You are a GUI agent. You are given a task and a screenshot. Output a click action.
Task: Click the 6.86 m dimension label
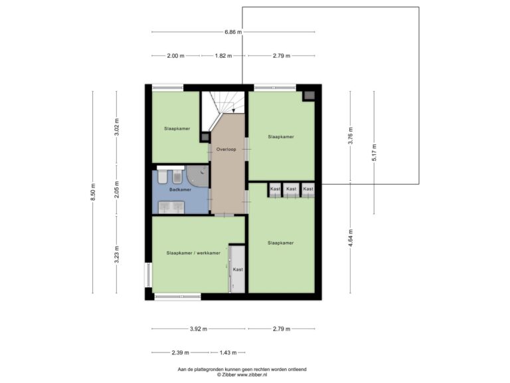click(233, 32)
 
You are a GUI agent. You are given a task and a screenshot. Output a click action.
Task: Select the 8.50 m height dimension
click(93, 192)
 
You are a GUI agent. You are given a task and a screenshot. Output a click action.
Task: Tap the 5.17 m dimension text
click(374, 152)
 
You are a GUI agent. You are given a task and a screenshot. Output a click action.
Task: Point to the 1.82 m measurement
click(223, 56)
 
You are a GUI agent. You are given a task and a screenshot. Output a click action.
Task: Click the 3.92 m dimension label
click(199, 328)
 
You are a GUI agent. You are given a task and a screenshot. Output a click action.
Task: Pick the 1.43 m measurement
click(228, 352)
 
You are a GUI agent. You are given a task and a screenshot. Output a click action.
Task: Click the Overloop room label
click(226, 149)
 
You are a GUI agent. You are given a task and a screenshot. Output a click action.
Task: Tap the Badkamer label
click(180, 190)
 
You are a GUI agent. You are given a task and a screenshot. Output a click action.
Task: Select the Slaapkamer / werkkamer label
click(193, 253)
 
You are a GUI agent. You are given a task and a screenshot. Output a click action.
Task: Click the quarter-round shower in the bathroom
click(199, 176)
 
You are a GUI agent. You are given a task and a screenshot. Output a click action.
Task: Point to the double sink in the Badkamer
click(171, 207)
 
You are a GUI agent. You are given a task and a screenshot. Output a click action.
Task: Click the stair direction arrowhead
click(234, 111)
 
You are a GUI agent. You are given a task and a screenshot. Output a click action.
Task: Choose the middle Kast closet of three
click(291, 190)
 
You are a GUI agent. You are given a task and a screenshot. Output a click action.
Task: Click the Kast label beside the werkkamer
click(238, 269)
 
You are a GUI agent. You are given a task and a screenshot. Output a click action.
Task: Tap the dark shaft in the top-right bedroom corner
click(309, 96)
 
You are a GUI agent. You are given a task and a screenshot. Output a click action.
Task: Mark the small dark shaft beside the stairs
click(205, 137)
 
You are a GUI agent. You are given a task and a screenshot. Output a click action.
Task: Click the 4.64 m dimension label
click(351, 238)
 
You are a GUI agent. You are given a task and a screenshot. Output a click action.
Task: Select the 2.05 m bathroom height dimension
click(117, 190)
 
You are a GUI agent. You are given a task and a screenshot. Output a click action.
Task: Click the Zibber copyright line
click(242, 375)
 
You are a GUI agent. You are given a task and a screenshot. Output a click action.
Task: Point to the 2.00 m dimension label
click(175, 56)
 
